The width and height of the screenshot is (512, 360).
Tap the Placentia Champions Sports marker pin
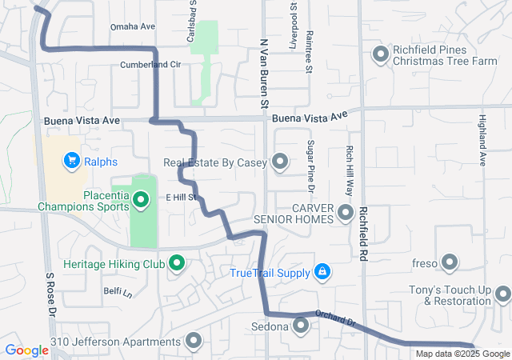pos(142,198)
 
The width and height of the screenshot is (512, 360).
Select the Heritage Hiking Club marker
pos(177,262)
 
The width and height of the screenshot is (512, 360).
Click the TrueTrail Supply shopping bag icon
pos(322,272)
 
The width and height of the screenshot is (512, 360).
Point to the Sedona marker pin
pos(301,325)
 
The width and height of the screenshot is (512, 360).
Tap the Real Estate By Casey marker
pos(280,162)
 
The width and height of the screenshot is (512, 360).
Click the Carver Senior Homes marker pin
pos(346,213)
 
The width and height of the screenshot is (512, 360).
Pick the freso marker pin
pos(449,262)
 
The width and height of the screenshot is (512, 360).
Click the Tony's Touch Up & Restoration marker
pos(502,294)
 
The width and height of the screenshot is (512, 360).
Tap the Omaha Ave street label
pos(133,26)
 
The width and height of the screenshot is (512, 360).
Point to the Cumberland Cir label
pos(146,65)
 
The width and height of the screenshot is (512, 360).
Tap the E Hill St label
pos(181,197)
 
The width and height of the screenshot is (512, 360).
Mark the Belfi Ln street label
pos(117,291)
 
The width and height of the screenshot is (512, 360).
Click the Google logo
pos(26,350)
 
